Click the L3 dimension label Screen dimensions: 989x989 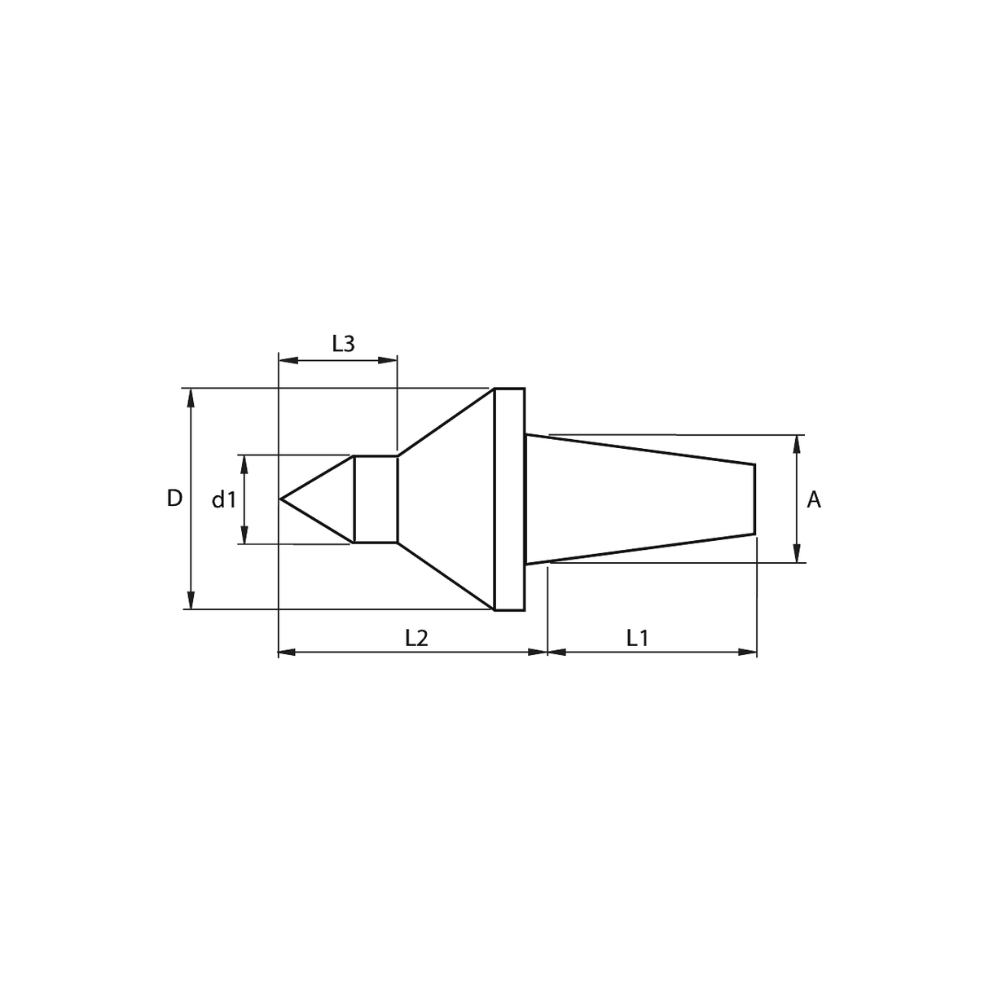pos(343,344)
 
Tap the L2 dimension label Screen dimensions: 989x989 pos(416,638)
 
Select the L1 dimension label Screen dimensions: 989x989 pos(637,638)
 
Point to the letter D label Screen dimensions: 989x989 pos(174,498)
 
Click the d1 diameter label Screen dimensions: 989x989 pos(224,499)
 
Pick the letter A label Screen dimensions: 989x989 pos(814,499)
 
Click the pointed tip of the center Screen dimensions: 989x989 pos(279,499)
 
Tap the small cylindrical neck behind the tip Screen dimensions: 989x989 pos(376,499)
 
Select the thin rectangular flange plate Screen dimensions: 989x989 pos(510,499)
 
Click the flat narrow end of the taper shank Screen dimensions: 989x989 pos(755,499)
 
